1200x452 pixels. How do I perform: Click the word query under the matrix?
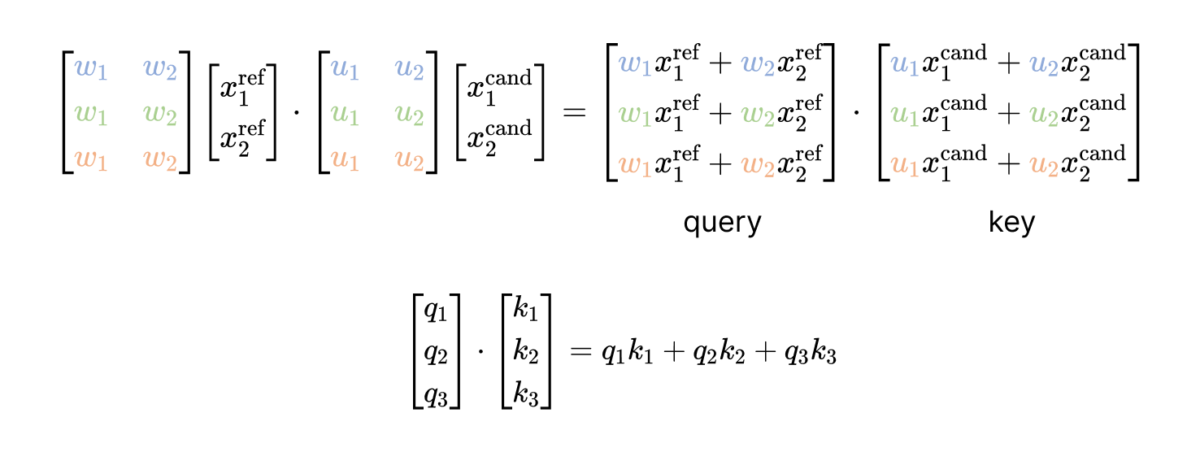[x=722, y=223]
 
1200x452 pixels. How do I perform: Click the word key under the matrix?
[x=1011, y=223]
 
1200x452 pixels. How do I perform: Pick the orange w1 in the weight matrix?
[x=90, y=162]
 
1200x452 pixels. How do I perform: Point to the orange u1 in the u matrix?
[x=345, y=162]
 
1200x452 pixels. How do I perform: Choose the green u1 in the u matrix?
[x=345, y=116]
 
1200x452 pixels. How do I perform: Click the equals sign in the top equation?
[x=574, y=112]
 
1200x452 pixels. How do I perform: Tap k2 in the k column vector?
[x=526, y=354]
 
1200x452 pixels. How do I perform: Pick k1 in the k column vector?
[x=526, y=311]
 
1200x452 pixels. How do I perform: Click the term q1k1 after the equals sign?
[x=629, y=355]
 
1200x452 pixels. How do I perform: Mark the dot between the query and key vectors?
[x=856, y=112]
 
